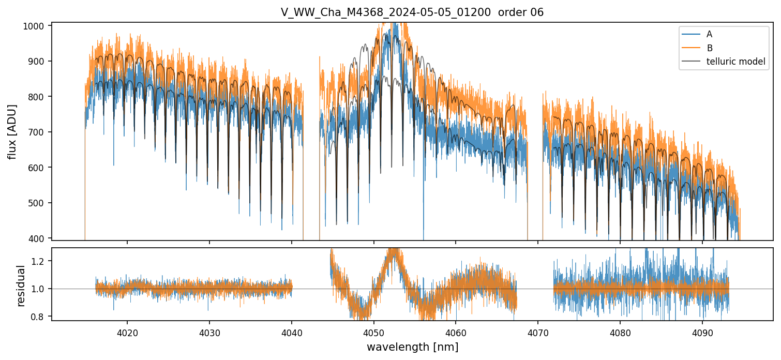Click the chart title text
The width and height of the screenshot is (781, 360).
tap(412, 12)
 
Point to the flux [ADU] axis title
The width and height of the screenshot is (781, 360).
tap(12, 131)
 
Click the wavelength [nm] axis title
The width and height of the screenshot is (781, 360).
tap(412, 347)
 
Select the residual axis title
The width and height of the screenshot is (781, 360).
tap(21, 286)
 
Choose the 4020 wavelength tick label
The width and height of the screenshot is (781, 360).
tap(127, 332)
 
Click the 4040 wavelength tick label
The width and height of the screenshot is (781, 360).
tap(292, 332)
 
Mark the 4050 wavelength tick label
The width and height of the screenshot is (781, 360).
tap(373, 332)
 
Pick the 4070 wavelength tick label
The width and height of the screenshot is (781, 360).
tap(538, 332)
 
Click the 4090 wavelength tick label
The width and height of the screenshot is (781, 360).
tap(702, 332)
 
